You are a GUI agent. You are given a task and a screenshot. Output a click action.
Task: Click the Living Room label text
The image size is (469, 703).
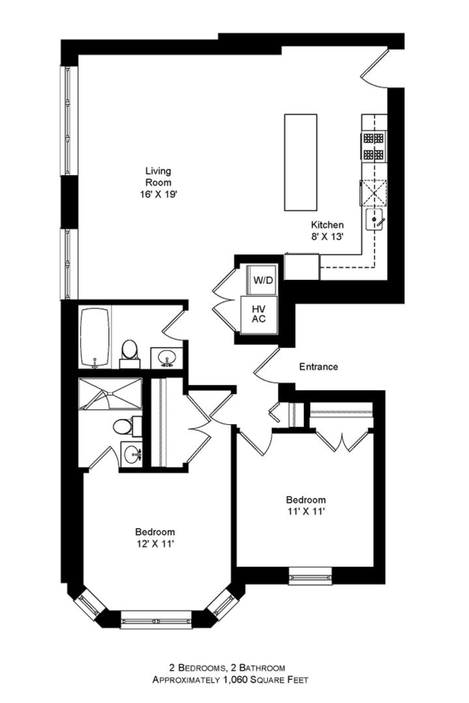(x=158, y=183)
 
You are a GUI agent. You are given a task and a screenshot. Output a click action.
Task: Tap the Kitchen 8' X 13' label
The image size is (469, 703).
(x=327, y=230)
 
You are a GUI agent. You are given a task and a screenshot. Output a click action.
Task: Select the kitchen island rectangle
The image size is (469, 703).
(x=300, y=162)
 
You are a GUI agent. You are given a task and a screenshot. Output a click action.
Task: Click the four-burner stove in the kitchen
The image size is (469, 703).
(x=373, y=146)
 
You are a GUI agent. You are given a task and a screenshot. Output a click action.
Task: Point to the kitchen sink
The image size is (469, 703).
(x=375, y=220)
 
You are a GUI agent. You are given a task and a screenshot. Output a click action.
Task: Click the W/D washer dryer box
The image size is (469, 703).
(x=262, y=280)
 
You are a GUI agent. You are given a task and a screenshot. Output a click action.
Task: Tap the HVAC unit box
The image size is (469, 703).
(x=259, y=315)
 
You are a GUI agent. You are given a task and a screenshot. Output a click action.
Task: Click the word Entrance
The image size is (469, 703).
(x=318, y=367)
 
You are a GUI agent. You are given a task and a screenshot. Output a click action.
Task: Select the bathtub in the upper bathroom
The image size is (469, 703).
(x=95, y=337)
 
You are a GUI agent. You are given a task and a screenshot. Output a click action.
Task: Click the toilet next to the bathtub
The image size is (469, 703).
(x=129, y=353)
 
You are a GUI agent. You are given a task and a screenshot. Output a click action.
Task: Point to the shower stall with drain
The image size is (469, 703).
(x=110, y=394)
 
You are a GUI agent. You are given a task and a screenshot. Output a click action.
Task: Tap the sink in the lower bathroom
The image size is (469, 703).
(x=132, y=454)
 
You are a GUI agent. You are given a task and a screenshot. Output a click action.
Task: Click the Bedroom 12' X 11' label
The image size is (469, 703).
(x=155, y=538)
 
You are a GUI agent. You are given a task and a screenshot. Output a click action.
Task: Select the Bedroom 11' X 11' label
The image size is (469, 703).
(x=306, y=505)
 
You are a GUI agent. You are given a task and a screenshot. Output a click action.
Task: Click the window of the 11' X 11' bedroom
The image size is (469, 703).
(x=310, y=576)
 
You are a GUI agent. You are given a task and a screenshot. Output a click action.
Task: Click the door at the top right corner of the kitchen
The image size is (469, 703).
(x=373, y=68)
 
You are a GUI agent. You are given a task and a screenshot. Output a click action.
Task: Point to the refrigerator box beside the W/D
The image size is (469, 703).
(x=302, y=267)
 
